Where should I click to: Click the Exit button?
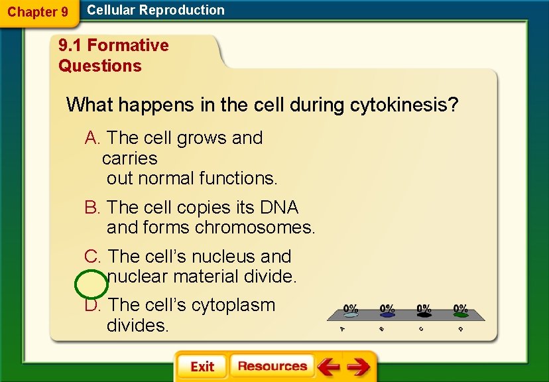tap(202, 367)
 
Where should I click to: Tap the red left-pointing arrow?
tap(328, 367)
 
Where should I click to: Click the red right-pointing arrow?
tap(358, 367)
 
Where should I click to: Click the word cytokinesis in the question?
tap(404, 105)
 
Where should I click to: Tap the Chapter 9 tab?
tap(38, 12)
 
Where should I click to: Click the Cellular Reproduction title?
tap(156, 10)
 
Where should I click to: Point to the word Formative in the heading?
tap(128, 45)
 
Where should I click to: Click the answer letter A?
tap(92, 138)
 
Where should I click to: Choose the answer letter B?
tap(91, 208)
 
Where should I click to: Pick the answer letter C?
tap(92, 256)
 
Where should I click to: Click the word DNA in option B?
tap(279, 208)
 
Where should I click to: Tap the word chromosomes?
tap(255, 227)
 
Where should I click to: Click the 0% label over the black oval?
tap(424, 308)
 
